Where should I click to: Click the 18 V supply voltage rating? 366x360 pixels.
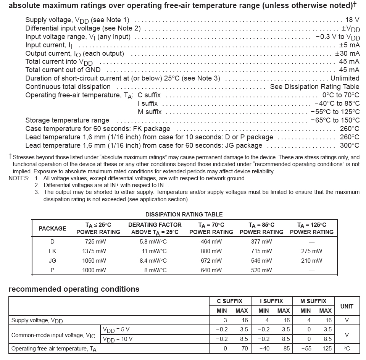pyautogui.click(x=352, y=20)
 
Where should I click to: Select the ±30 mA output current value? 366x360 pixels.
pyautogui.click(x=347, y=53)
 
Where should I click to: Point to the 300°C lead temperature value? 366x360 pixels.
pyautogui.click(x=350, y=145)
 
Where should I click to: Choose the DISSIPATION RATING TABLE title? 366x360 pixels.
pyautogui.click(x=184, y=215)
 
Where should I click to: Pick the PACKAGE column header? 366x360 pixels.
pyautogui.click(x=52, y=228)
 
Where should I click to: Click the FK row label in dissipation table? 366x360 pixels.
pyautogui.click(x=52, y=251)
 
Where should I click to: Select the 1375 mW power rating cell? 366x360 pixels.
pyautogui.click(x=94, y=251)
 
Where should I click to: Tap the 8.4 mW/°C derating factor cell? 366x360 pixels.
pyautogui.click(x=153, y=261)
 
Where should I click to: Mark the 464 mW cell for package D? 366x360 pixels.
pyautogui.click(x=211, y=242)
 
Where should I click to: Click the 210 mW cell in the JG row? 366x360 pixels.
pyautogui.click(x=311, y=261)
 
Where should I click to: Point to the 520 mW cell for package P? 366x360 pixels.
pyautogui.click(x=261, y=270)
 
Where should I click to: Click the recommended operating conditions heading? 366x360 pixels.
pyautogui.click(x=74, y=289)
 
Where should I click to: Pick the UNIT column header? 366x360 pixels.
pyautogui.click(x=347, y=306)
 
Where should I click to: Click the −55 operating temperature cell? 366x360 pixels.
pyautogui.click(x=306, y=349)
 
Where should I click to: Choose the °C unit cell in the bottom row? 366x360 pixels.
pyautogui.click(x=347, y=349)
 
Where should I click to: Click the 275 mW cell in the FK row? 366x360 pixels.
pyautogui.click(x=311, y=251)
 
